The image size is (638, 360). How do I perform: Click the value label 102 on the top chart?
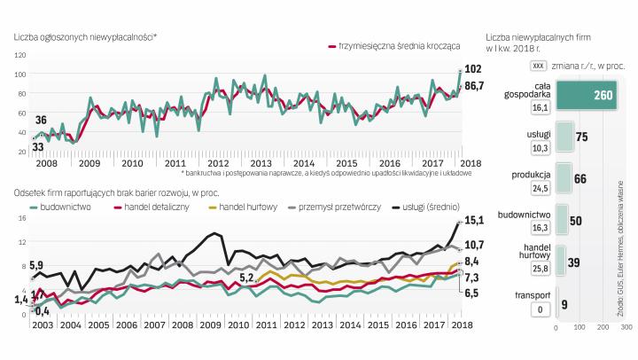pyautogui.click(x=474, y=69)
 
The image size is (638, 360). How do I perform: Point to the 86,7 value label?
pyautogui.click(x=475, y=86)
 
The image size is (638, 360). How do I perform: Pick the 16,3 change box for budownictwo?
pyautogui.click(x=537, y=229)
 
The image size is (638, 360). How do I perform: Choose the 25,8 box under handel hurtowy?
pyautogui.click(x=537, y=269)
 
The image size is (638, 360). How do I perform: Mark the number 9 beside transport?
pyautogui.click(x=564, y=304)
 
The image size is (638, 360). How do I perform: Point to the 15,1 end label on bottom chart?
pyautogui.click(x=475, y=222)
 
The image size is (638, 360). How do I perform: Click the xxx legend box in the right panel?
pyautogui.click(x=535, y=66)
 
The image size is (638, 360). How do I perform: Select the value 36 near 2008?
pyautogui.click(x=41, y=120)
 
